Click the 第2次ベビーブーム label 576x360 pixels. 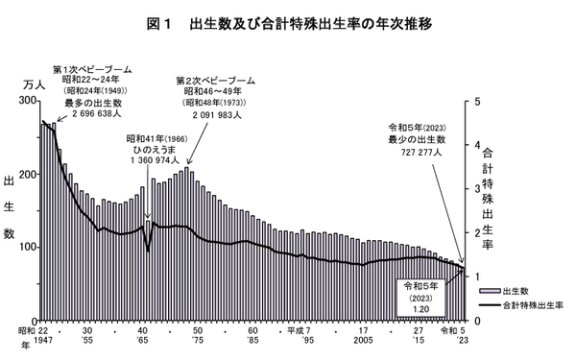click(x=215, y=81)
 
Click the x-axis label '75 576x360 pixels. click(x=198, y=341)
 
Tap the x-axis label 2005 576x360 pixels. click(x=362, y=341)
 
